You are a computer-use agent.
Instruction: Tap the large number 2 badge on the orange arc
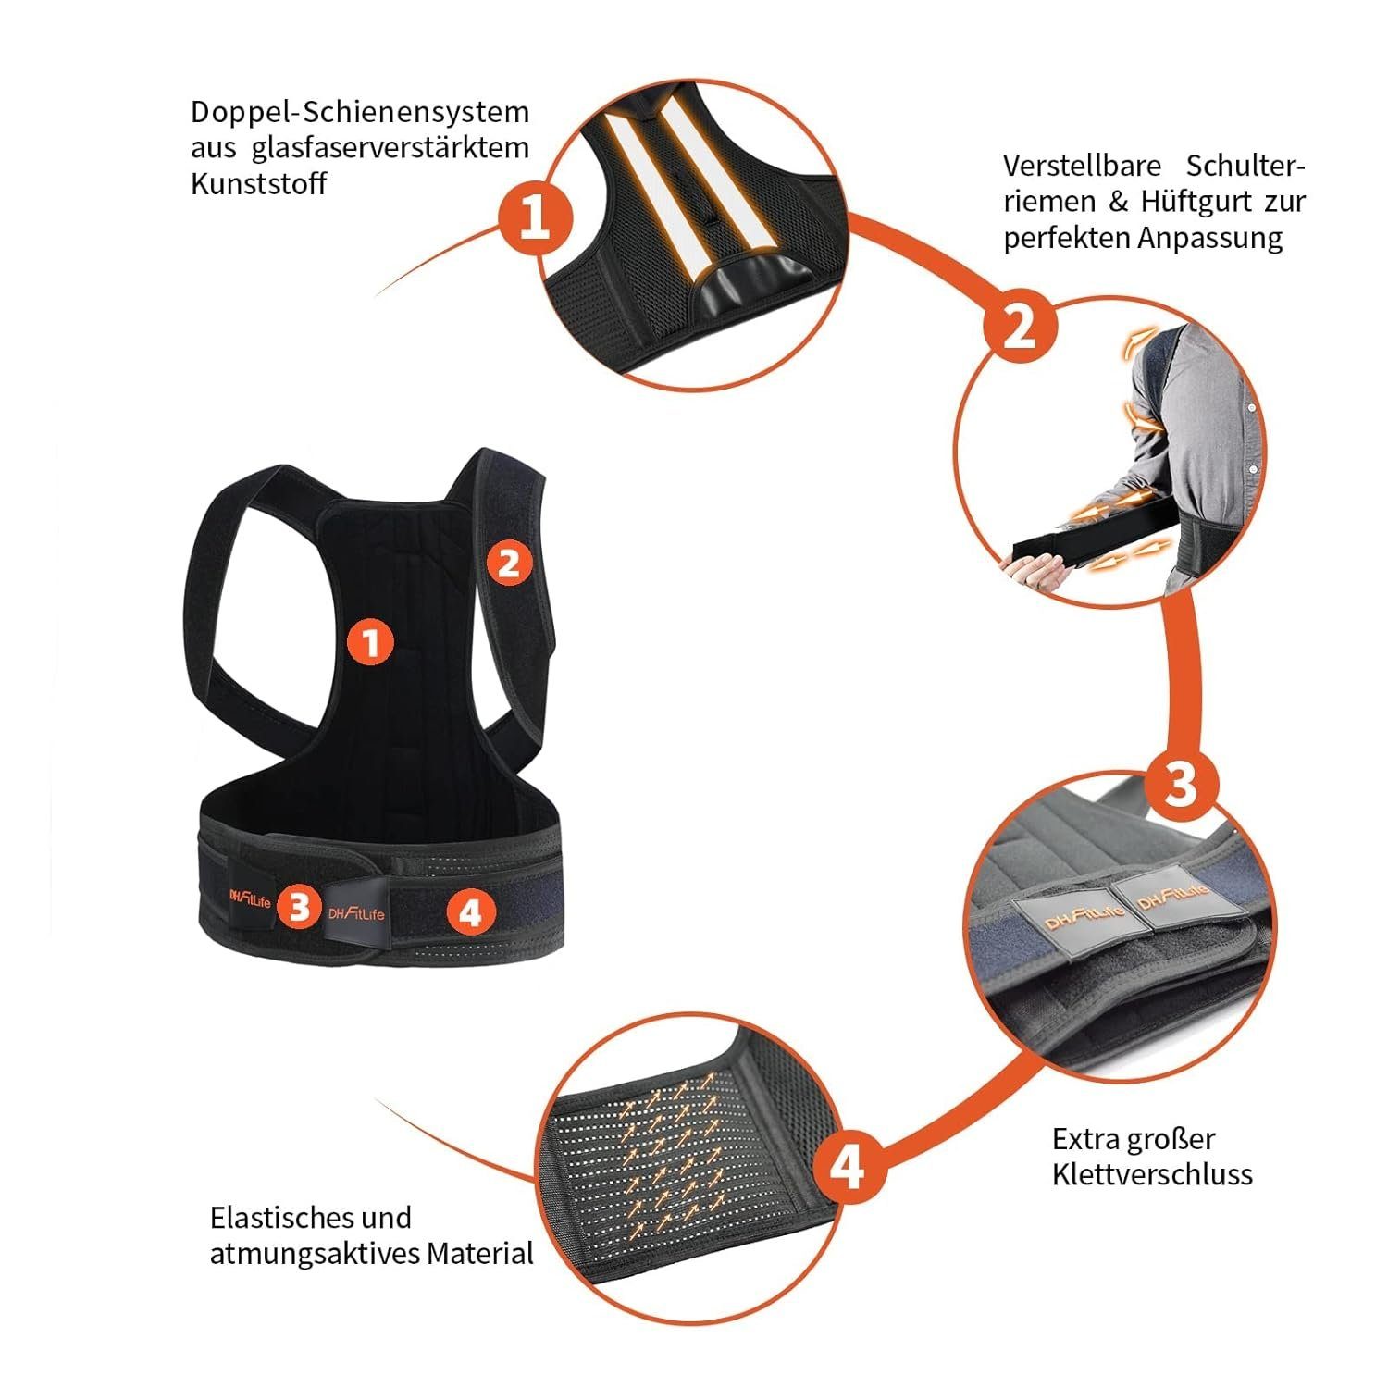pyautogui.click(x=1019, y=326)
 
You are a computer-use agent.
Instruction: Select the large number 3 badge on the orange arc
pyautogui.click(x=1181, y=784)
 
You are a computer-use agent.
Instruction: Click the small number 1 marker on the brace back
pyautogui.click(x=370, y=642)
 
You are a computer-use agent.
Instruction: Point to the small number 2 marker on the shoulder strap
pyautogui.click(x=508, y=562)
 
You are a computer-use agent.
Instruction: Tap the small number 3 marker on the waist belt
pyautogui.click(x=298, y=907)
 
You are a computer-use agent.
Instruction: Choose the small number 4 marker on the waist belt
pyautogui.click(x=470, y=912)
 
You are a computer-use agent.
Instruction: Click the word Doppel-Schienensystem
pyautogui.click(x=360, y=113)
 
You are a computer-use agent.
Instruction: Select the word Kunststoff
pyautogui.click(x=258, y=183)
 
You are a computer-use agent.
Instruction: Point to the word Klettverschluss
pyautogui.click(x=1152, y=1174)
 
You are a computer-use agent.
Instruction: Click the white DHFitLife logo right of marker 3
pyautogui.click(x=356, y=914)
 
